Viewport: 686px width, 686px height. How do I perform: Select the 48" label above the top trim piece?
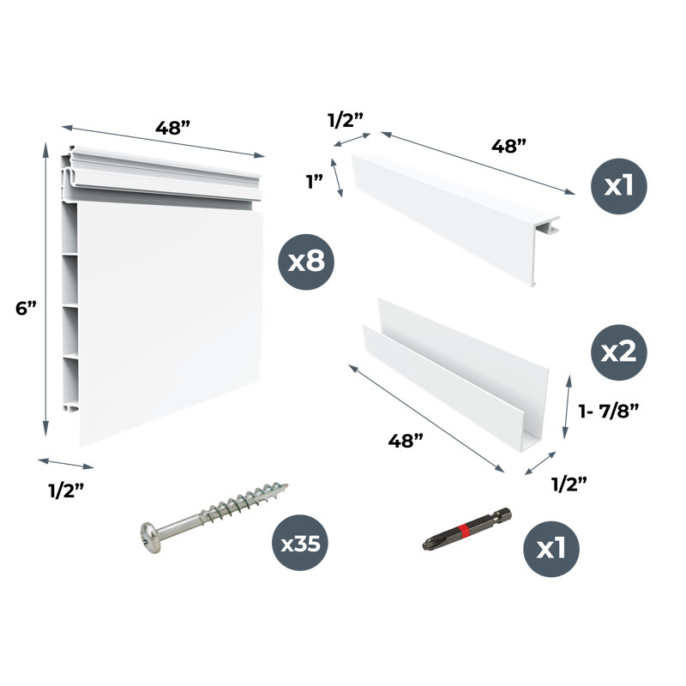pos(508,146)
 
